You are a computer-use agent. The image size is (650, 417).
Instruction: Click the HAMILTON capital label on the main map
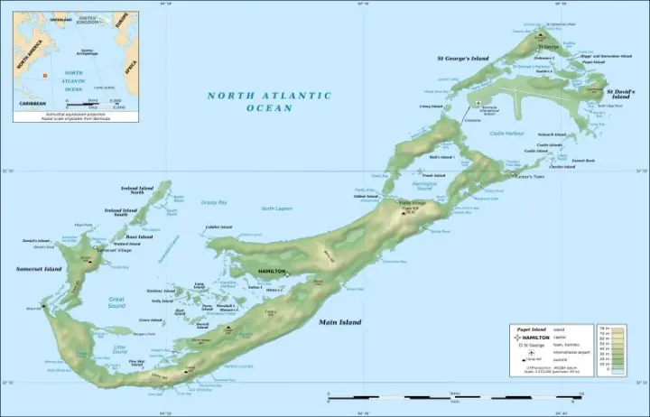click(x=272, y=271)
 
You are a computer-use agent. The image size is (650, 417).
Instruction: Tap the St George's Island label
click(x=464, y=58)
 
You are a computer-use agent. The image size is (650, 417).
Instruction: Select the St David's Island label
click(x=622, y=93)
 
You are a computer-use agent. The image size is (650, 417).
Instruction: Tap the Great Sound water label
click(x=116, y=301)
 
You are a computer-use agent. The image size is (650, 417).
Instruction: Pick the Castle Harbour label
click(x=507, y=133)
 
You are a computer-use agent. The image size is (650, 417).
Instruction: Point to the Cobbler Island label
click(x=218, y=227)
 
